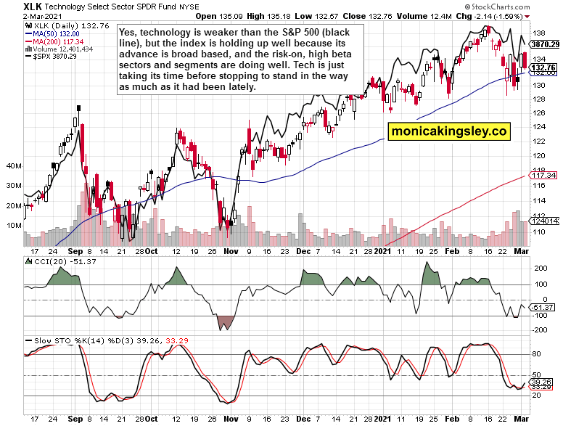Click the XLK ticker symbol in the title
tap(12, 6)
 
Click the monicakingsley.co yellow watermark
tap(448, 131)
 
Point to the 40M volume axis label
tap(13, 166)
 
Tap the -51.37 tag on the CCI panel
tap(543, 308)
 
